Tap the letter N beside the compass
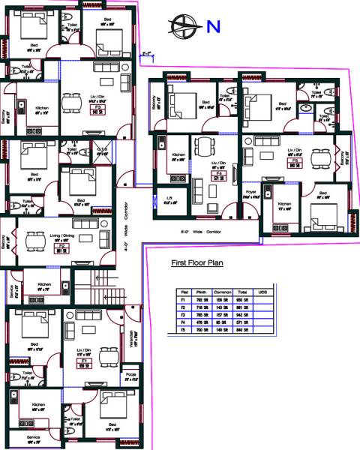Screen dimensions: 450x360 (x=214, y=27)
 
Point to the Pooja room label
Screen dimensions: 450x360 (x=132, y=378)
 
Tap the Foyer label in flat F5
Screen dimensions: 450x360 (x=251, y=192)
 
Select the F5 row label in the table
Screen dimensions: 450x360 (x=183, y=331)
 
